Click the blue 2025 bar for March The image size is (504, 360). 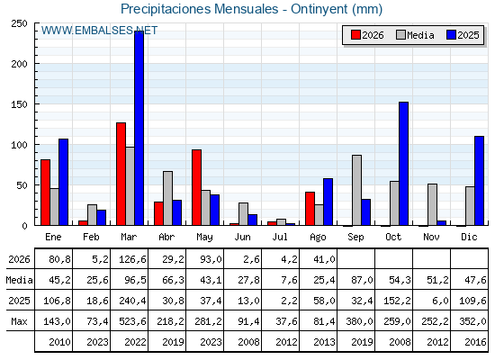click(139, 128)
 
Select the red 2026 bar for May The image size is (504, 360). click(197, 187)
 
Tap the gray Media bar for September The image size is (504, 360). click(356, 190)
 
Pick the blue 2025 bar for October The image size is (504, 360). click(404, 164)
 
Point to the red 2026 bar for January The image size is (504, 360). click(45, 193)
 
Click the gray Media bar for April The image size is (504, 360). click(167, 198)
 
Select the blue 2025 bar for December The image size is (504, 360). click(479, 181)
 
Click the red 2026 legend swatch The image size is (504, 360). click(355, 35)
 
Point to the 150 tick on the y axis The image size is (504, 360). click(19, 104)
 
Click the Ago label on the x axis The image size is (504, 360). click(318, 238)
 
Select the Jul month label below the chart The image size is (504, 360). click(280, 237)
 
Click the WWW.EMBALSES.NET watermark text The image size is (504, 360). click(99, 31)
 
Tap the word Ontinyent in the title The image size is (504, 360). click(319, 9)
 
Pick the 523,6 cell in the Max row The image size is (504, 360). click(132, 321)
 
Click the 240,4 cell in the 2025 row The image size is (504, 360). click(132, 301)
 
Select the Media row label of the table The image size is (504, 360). click(19, 280)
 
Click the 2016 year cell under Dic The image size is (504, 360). click(475, 342)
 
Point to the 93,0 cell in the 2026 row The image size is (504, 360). click(211, 259)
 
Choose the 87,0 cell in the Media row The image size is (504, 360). click(362, 280)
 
